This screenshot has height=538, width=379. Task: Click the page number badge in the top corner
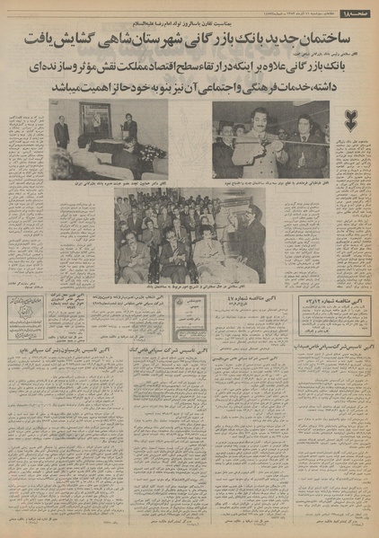click(x=358, y=10)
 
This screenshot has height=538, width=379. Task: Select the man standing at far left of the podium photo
click(x=61, y=132)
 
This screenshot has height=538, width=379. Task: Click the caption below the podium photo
click(x=109, y=183)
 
